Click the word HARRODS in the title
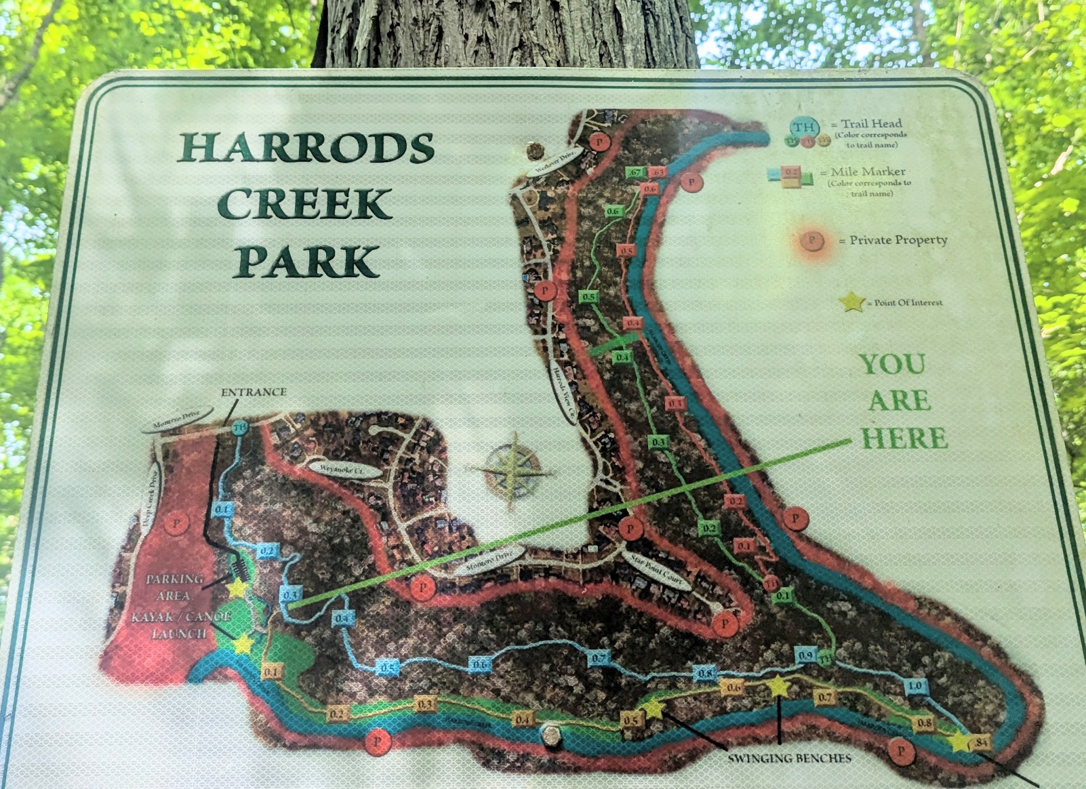coord(306,148)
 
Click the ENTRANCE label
coord(253,393)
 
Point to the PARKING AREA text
coord(174,587)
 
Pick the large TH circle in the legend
coord(804,127)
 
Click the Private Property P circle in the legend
coord(812,241)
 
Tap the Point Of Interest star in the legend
coord(853,303)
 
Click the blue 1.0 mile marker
coord(915,686)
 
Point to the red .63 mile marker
coord(658,173)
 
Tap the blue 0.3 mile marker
coord(290,595)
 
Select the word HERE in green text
coord(904,438)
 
